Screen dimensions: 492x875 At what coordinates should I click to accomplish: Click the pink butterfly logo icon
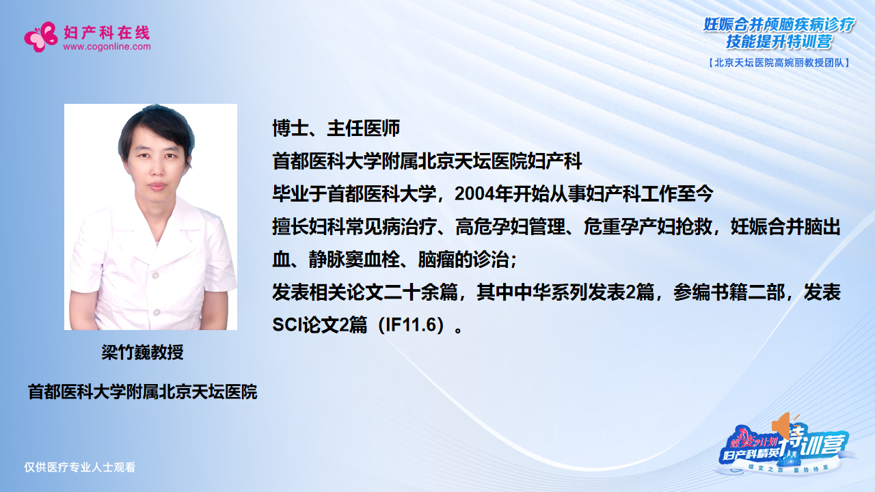coord(41,36)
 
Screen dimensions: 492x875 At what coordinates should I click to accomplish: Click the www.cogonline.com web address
coord(107,47)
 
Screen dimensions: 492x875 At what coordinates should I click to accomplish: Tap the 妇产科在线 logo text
coord(106,32)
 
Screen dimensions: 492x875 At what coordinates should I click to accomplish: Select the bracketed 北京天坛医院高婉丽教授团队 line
coord(779,62)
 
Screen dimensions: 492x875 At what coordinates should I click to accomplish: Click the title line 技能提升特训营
coord(779,42)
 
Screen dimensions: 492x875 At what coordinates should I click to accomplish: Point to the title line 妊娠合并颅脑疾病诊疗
coord(779,25)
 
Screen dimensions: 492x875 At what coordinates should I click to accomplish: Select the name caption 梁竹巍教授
coord(143,353)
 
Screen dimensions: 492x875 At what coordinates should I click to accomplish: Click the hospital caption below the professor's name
coord(142,392)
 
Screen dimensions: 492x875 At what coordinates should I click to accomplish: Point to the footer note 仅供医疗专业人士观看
coord(80,467)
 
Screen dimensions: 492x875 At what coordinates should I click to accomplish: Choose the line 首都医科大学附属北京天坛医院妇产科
coord(427,161)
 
